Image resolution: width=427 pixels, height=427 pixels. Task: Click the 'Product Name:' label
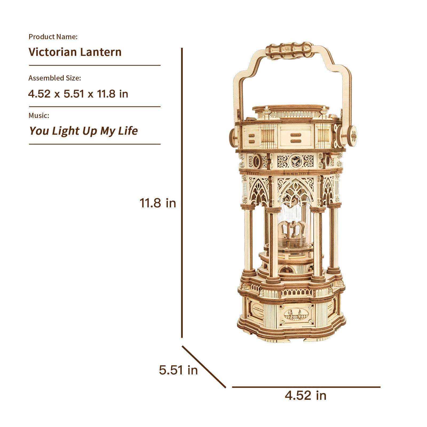point(53,37)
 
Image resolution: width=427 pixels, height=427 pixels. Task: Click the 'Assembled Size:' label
point(55,78)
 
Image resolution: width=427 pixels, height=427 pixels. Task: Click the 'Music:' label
point(39,116)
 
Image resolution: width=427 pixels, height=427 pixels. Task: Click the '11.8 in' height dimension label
point(158,203)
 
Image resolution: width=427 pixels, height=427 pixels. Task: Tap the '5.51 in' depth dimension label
point(178,370)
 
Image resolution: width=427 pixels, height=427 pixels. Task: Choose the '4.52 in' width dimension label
point(306,395)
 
